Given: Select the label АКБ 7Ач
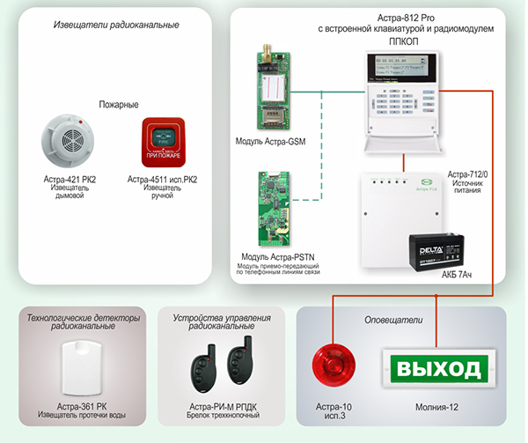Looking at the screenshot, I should pyautogui.click(x=458, y=275).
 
